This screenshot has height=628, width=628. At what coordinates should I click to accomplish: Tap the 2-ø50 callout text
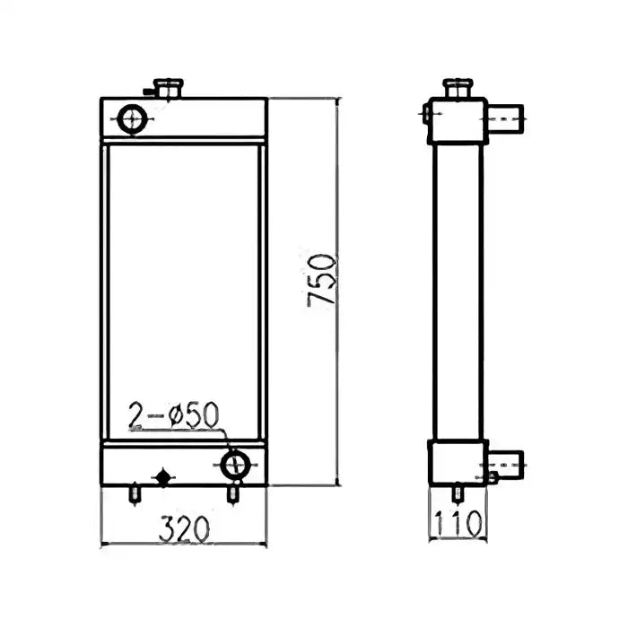click(173, 415)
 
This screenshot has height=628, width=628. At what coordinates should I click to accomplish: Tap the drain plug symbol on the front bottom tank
click(163, 476)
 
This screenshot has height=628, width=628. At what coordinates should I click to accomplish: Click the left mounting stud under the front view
click(135, 493)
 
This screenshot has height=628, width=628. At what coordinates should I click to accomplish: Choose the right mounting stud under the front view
click(234, 493)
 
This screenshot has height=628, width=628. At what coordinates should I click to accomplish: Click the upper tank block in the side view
click(458, 121)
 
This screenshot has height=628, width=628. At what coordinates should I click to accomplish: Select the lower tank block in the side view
click(458, 463)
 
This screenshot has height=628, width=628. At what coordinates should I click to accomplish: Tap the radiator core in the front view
click(184, 292)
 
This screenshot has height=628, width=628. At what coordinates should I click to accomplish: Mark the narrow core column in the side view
click(458, 292)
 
